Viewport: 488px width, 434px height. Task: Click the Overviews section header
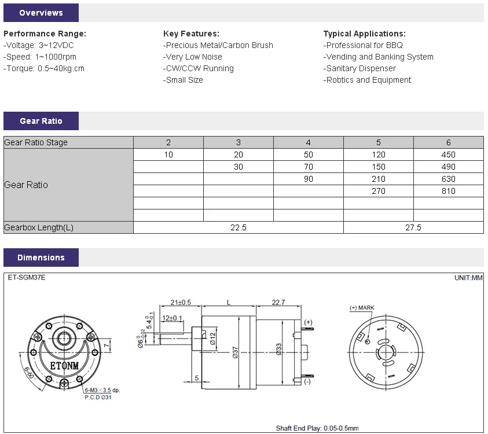41,13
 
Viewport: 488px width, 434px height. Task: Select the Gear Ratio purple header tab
41,121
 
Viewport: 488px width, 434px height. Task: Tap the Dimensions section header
41,258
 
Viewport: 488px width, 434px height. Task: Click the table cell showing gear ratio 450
449,155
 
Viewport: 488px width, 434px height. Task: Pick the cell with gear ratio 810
449,191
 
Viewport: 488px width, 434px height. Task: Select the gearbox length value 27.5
413,227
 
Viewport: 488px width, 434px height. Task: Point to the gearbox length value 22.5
239,227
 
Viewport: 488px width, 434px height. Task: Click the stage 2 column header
168,142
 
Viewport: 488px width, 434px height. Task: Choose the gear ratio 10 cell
168,155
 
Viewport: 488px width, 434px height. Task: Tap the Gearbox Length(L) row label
39,227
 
